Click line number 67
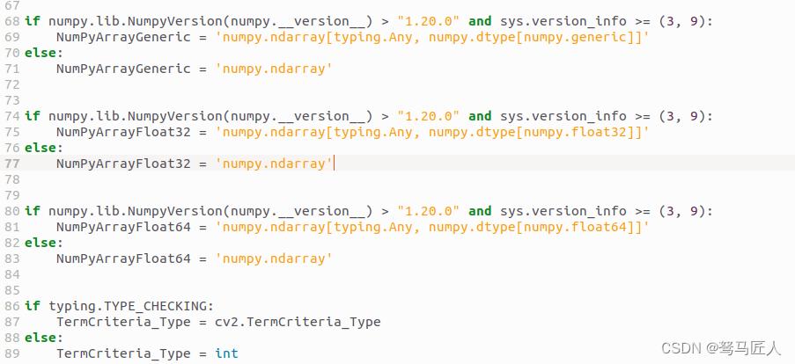point(11,5)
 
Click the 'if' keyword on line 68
point(32,21)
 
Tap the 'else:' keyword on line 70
point(44,53)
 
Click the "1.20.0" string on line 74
point(428,116)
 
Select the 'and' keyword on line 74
point(480,116)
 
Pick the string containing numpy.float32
point(433,132)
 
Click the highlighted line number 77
point(11,164)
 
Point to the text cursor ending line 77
point(335,164)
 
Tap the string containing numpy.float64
point(433,227)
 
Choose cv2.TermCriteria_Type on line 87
point(298,322)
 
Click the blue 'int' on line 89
point(226,353)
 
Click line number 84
point(11,274)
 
